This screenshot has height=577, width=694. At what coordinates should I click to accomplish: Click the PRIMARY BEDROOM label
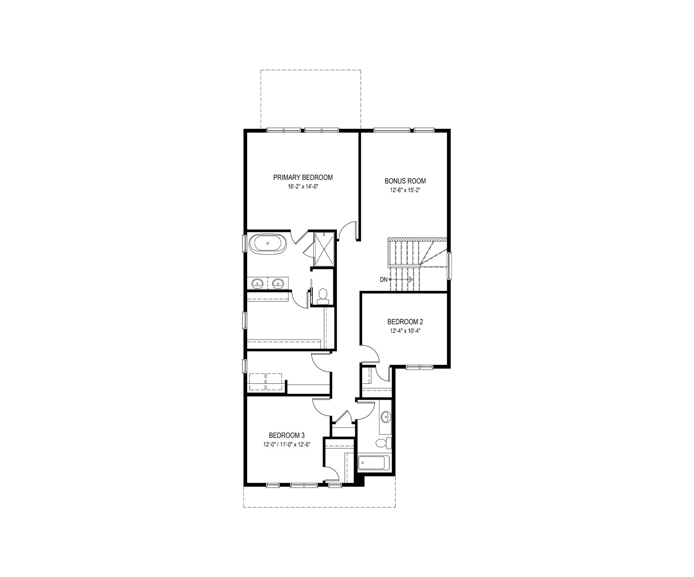click(303, 178)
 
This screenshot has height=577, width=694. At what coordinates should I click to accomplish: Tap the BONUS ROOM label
click(405, 181)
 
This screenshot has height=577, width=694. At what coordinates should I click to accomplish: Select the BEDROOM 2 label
click(405, 322)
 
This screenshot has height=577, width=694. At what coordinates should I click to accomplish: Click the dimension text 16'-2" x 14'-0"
click(303, 187)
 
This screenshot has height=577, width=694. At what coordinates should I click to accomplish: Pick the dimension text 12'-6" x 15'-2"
click(405, 190)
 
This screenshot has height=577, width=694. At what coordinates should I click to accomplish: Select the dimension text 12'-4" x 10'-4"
click(405, 331)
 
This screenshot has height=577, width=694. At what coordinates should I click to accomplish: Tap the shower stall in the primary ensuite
click(324, 249)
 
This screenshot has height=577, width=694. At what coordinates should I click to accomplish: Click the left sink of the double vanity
click(257, 283)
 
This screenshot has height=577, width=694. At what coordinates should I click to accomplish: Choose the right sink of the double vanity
click(278, 283)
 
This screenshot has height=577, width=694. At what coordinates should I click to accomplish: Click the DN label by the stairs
click(384, 280)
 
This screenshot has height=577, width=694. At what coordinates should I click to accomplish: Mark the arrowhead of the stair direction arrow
click(411, 280)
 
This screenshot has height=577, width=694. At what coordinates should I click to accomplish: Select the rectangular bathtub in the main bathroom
click(371, 464)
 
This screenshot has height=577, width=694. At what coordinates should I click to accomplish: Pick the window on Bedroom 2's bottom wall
click(420, 366)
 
